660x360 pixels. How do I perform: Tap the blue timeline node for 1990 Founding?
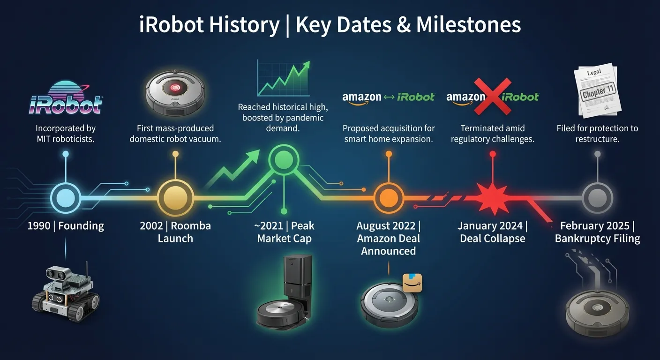coord(66,198)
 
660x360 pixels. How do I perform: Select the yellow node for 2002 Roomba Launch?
coord(175,198)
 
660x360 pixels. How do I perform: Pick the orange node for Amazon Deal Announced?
coord(388,198)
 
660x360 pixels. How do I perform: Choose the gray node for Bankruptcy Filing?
coord(597,198)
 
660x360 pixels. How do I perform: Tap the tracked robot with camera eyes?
coord(66,292)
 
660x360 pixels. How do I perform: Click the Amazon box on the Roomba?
coord(412,283)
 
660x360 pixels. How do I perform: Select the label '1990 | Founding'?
coord(66,226)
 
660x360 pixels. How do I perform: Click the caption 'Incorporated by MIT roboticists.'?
coord(66,134)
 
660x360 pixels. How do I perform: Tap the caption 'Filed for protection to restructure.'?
coord(597,134)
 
